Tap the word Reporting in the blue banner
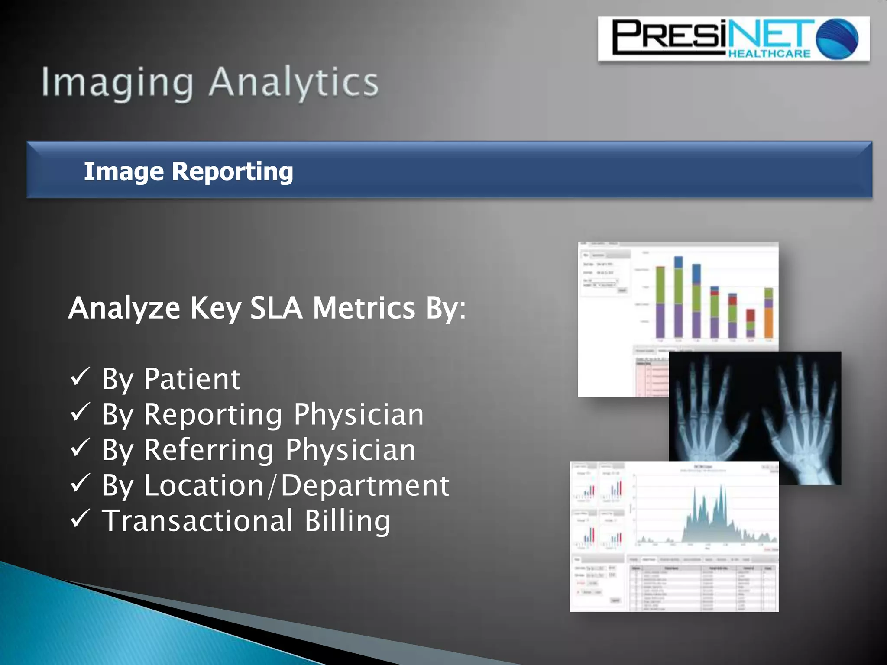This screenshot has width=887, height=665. pos(232,171)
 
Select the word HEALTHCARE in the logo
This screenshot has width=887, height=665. pos(769,54)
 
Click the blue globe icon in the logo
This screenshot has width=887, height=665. pos(837,39)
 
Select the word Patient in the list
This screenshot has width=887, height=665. pos(192,379)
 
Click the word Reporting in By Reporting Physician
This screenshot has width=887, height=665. pos(213,415)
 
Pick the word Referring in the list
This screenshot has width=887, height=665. pos(209,450)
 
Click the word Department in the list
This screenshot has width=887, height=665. pos(365,486)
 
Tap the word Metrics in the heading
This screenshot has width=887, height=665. pos(364,308)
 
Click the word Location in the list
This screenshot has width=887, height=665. pos(204,486)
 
